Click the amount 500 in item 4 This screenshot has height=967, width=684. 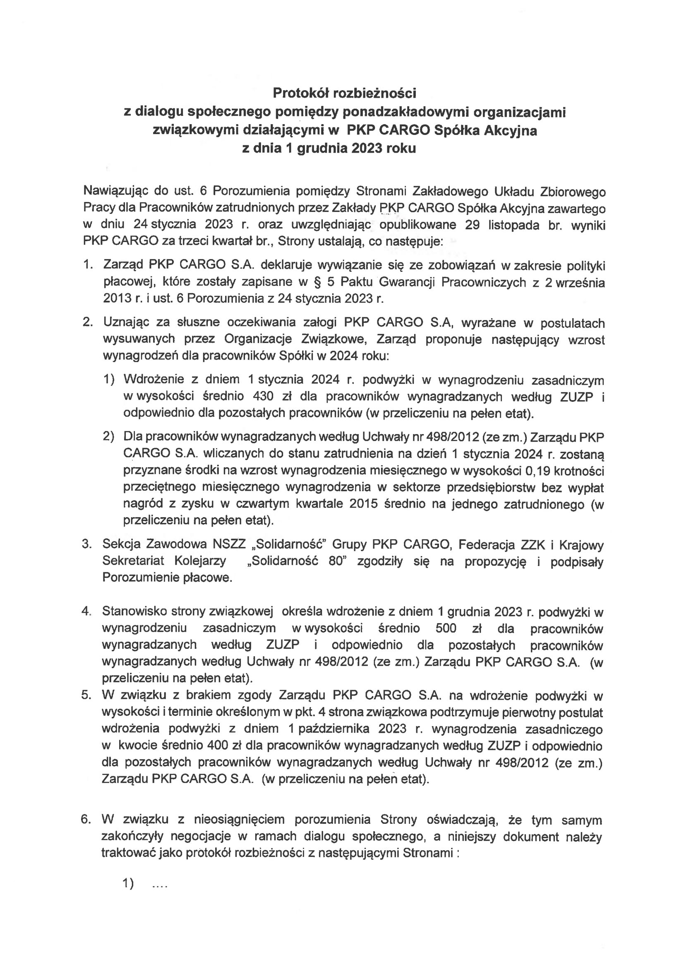[446, 629]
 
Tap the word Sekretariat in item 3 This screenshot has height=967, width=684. [134, 561]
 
